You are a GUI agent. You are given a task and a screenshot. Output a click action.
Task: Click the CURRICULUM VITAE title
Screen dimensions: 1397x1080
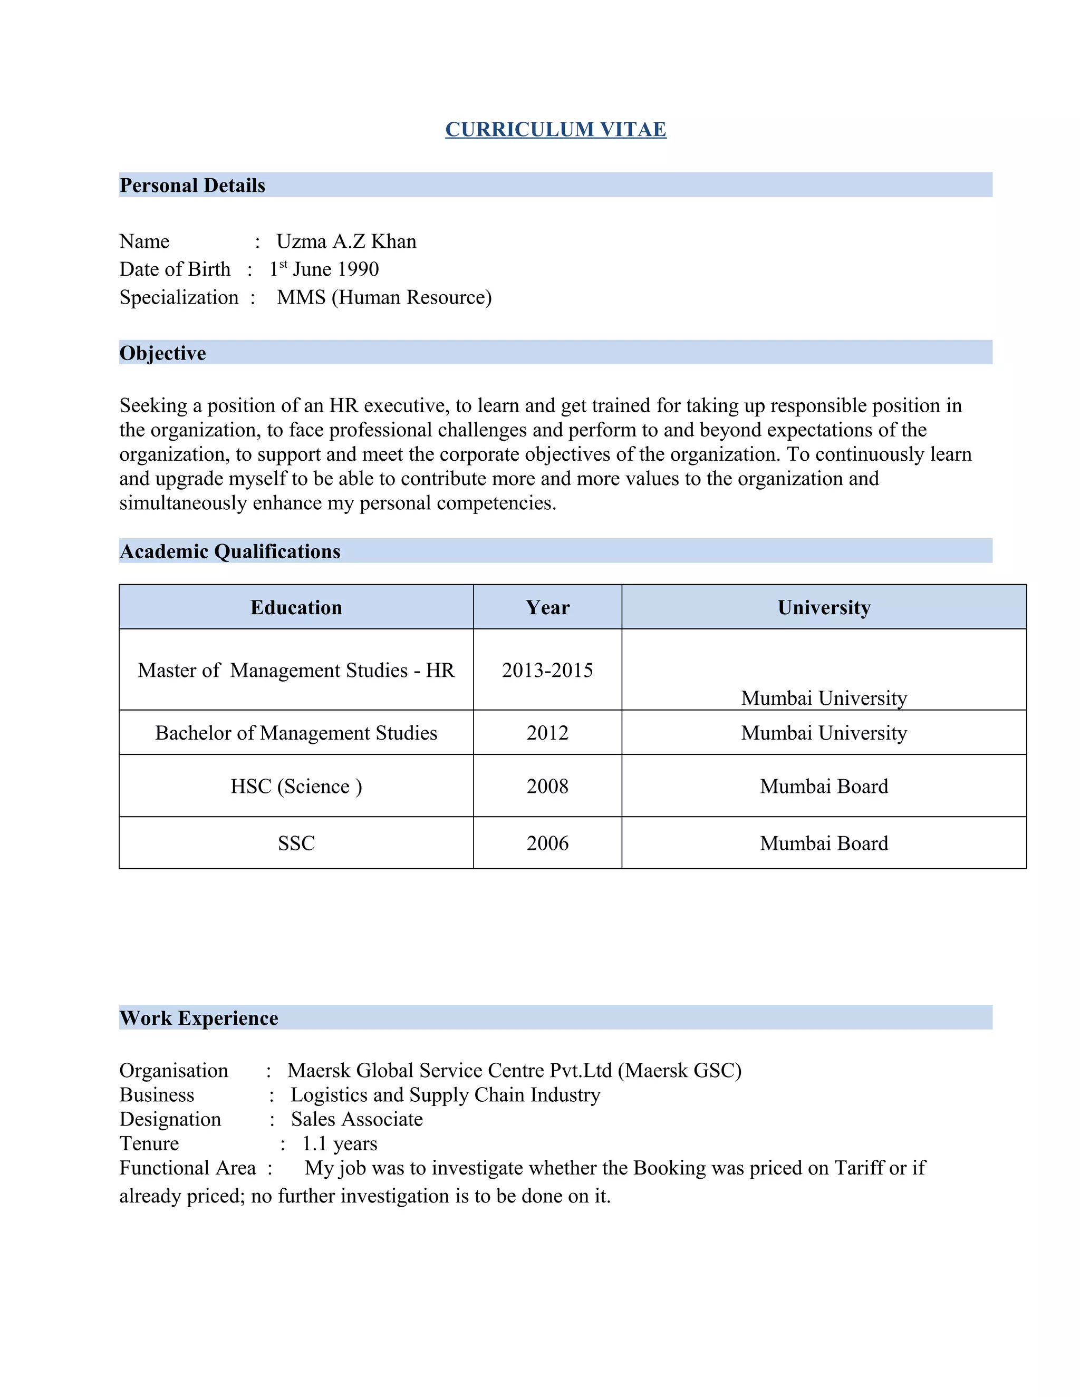(555, 129)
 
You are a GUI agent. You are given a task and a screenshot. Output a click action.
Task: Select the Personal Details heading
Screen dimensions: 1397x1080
(192, 186)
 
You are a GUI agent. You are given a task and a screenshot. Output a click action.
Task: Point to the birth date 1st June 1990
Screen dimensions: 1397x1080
(324, 269)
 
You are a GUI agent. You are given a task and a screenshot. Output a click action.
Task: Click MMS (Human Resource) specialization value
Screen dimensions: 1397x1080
(384, 297)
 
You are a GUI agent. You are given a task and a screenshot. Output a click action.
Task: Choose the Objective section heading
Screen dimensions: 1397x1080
(162, 353)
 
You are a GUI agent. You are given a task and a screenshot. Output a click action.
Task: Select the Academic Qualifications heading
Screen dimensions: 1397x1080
(230, 551)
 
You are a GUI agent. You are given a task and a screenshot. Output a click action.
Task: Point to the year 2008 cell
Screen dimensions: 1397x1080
(548, 786)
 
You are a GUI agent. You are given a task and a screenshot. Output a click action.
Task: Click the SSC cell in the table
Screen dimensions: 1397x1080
(296, 843)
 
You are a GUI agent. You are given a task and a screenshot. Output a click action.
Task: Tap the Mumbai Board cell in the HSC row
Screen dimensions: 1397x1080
(824, 786)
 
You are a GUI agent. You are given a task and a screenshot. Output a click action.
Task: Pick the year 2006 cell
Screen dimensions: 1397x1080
(548, 843)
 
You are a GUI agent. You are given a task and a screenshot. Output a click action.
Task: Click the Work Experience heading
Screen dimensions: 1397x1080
(199, 1017)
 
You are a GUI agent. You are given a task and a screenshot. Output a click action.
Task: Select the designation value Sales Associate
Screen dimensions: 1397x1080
(357, 1119)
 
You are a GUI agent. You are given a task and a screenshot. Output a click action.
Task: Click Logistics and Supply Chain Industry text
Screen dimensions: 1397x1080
(445, 1094)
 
